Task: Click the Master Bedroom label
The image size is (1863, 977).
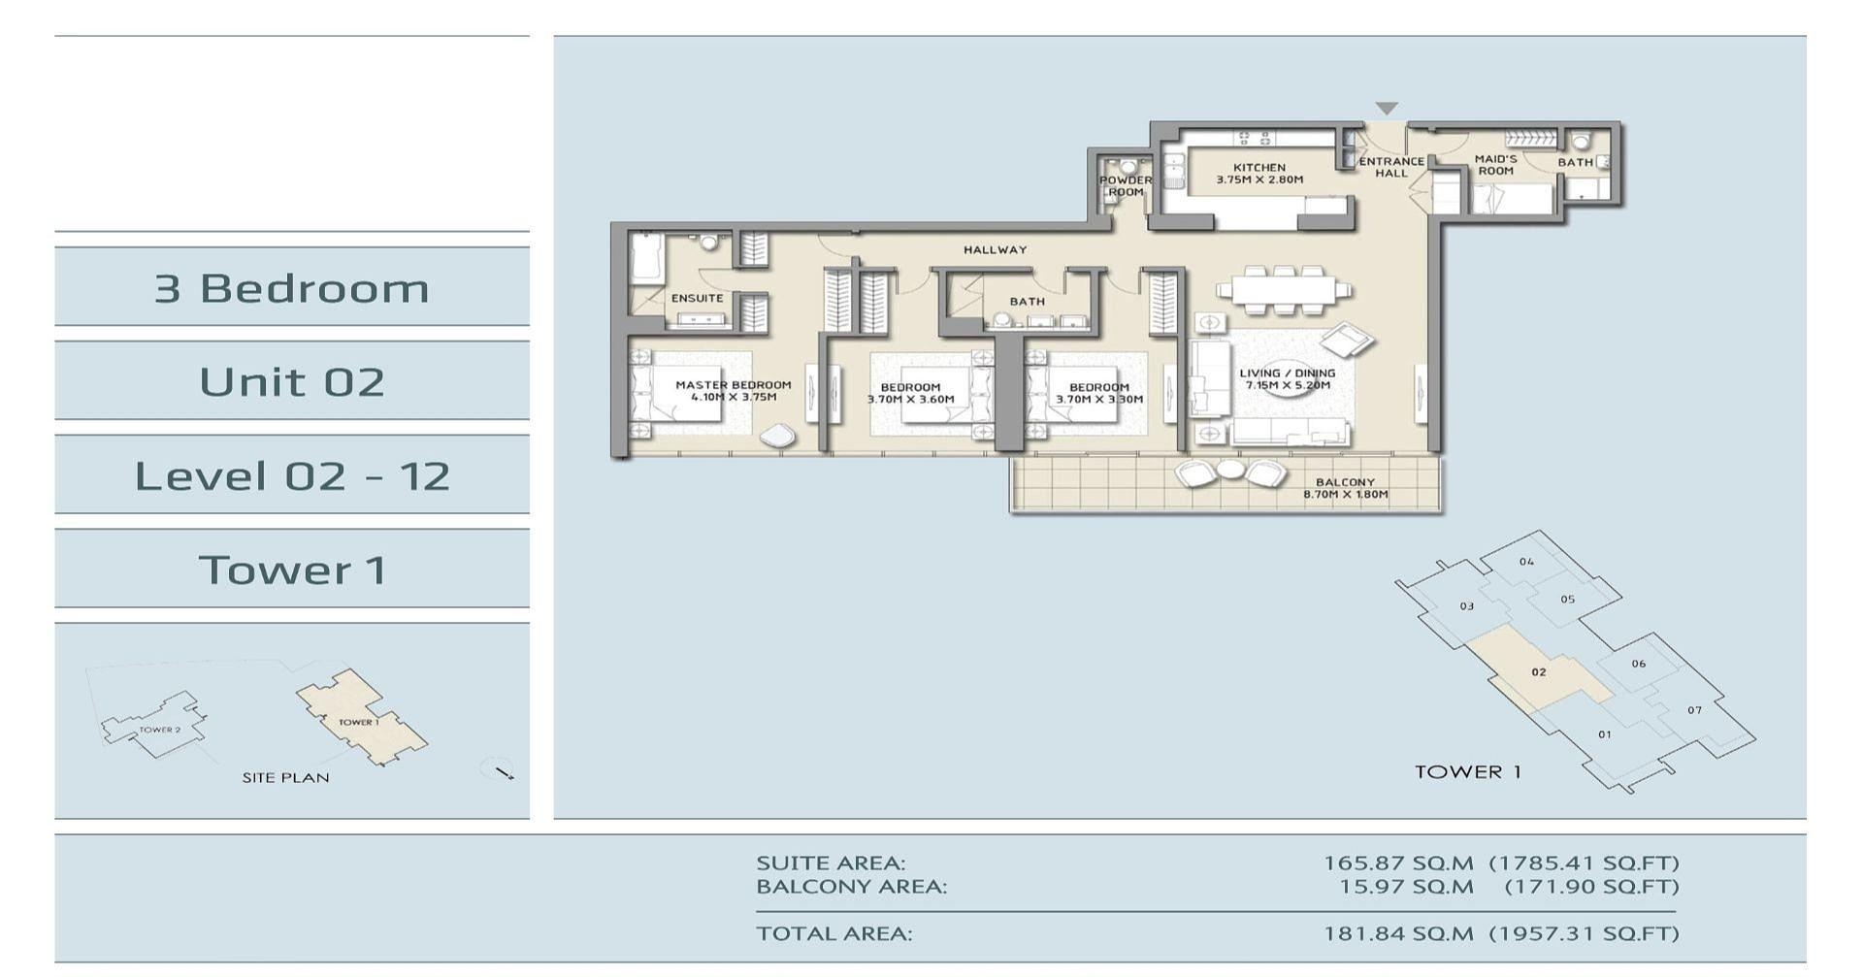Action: click(733, 385)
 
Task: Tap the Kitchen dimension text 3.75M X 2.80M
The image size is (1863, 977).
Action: click(1259, 179)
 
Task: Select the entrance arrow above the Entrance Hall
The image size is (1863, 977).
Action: click(1387, 108)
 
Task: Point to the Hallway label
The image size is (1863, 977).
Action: click(995, 250)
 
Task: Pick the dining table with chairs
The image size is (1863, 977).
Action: click(1283, 289)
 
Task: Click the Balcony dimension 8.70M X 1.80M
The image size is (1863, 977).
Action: click(1345, 495)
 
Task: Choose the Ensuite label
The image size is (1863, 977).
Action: click(697, 299)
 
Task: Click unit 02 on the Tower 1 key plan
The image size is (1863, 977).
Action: click(1538, 672)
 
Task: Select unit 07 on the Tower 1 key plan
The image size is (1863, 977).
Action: click(1693, 710)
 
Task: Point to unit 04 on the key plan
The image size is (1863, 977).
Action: click(1526, 562)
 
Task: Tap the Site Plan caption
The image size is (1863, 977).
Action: click(285, 778)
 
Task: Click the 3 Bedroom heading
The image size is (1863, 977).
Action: click(291, 289)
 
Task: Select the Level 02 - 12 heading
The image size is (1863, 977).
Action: click(291, 476)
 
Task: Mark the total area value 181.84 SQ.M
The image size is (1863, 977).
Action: click(1398, 934)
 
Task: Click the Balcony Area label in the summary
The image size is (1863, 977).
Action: click(851, 887)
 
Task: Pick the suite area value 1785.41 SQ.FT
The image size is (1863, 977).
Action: click(1583, 863)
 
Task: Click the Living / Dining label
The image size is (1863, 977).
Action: click(1287, 374)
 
